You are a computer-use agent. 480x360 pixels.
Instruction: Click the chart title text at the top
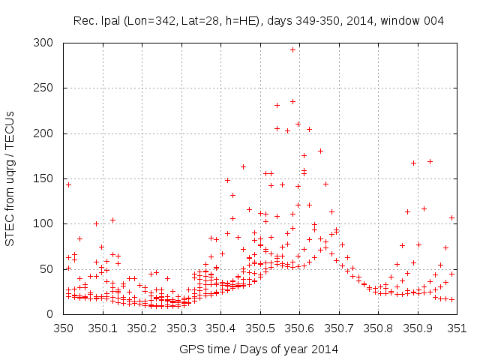259,20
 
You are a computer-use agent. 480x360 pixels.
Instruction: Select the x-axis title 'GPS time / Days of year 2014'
259,349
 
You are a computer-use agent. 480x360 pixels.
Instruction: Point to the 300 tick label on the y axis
49,43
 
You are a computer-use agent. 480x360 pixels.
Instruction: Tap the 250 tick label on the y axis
49,88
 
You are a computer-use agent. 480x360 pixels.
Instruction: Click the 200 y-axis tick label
49,133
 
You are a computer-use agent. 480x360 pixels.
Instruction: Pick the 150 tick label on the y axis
49,178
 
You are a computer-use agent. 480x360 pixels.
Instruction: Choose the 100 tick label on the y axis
49,223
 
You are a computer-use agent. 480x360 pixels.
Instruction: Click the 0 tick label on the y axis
55,313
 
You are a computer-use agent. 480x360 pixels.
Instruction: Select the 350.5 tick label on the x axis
259,328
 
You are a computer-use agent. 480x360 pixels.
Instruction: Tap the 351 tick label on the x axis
457,328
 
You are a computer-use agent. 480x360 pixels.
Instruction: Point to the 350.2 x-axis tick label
142,328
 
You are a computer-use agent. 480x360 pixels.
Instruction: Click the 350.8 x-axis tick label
378,328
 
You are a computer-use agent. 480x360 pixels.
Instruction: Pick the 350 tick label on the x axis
63,328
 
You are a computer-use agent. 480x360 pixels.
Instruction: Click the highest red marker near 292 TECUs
292,49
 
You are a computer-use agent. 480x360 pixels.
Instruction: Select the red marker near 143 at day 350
68,184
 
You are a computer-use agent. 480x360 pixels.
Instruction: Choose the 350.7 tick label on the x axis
338,328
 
